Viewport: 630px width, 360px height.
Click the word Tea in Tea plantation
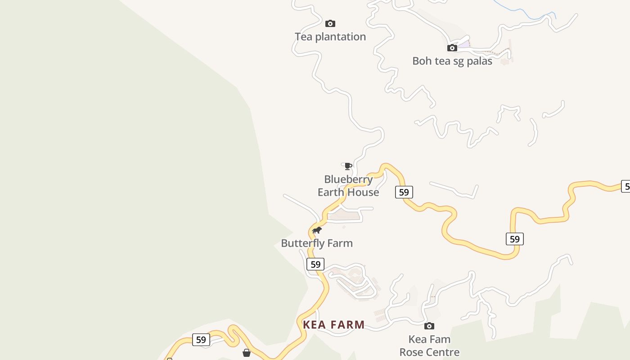[304, 37]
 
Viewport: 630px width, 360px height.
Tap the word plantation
[341, 37]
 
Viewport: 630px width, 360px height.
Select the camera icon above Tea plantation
[330, 23]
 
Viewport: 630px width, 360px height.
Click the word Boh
[422, 61]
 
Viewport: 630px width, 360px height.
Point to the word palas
[479, 61]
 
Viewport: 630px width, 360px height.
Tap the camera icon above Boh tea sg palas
[452, 48]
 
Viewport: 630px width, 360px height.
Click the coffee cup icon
[348, 166]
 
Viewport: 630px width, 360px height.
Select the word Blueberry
[348, 180]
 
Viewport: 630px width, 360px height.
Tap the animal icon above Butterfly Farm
[317, 230]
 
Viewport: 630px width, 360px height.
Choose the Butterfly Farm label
[317, 243]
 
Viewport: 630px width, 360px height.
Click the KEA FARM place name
[333, 324]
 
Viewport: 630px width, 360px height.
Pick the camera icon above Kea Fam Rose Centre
[429, 326]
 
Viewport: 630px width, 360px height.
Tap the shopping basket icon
[247, 353]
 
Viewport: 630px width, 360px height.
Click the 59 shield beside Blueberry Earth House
[404, 192]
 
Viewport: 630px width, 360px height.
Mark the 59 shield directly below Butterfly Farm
[315, 264]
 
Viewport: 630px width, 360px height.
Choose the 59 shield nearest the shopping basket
[201, 340]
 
